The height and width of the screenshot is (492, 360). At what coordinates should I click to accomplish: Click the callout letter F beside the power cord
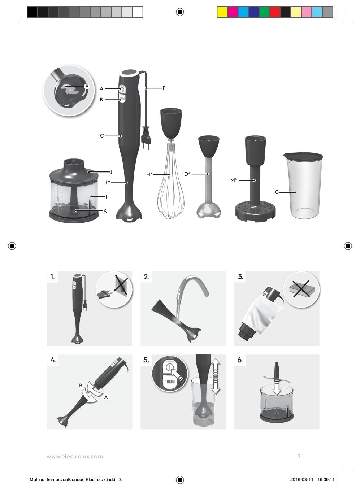164,88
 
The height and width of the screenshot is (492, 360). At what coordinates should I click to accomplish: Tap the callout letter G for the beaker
277,192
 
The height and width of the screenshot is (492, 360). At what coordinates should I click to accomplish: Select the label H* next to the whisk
149,174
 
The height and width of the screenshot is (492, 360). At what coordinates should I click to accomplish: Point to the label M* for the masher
234,180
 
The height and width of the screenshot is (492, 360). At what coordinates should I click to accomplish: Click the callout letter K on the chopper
105,211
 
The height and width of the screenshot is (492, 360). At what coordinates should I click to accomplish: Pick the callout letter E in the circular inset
87,87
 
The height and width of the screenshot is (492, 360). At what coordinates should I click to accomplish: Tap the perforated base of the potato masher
255,211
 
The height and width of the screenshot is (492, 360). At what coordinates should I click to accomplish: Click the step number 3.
241,277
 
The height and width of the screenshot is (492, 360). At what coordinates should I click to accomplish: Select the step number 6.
240,360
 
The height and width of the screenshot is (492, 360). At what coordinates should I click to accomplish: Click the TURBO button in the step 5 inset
170,381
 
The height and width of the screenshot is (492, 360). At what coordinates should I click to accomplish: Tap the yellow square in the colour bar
222,12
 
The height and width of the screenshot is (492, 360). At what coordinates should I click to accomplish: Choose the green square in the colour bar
264,12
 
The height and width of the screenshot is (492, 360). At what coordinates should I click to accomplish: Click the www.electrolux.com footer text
75,456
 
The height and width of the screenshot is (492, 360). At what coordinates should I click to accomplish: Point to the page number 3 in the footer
299,456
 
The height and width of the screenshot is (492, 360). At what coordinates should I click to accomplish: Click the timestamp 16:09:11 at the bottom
326,479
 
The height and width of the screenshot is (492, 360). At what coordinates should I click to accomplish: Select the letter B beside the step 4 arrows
81,386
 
